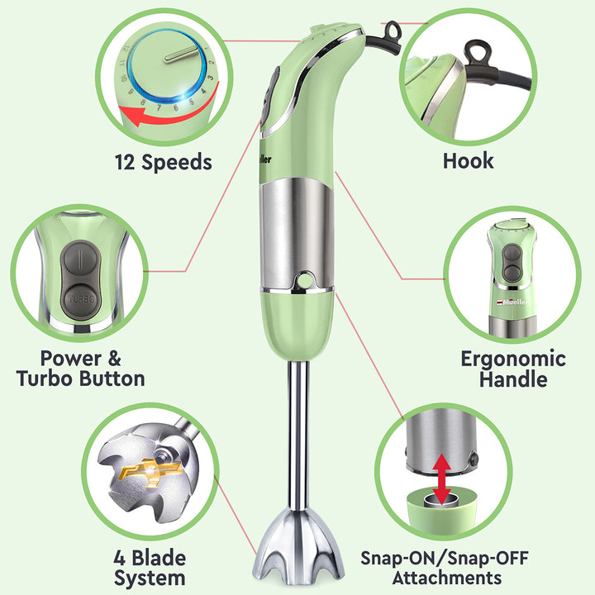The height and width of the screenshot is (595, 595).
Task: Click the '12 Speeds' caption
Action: pyautogui.click(x=163, y=161)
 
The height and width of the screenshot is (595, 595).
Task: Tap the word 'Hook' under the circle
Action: pyautogui.click(x=468, y=159)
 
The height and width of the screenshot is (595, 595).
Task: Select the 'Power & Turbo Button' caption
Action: pyautogui.click(x=81, y=369)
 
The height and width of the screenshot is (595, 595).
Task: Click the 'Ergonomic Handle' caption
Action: pyautogui.click(x=513, y=369)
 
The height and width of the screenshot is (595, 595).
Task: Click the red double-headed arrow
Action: pyautogui.click(x=443, y=478)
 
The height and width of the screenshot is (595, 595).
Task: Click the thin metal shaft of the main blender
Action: pyautogui.click(x=298, y=430)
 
